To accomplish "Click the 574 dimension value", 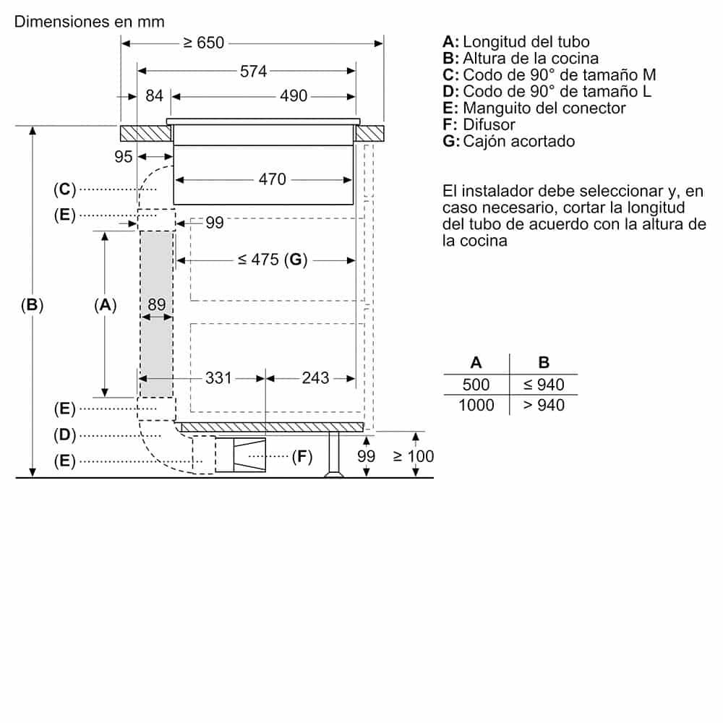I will click(254, 71).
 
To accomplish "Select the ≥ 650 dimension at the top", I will click(203, 43).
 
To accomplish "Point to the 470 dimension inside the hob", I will click(272, 179).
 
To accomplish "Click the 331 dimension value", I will click(218, 377).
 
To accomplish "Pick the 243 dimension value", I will click(315, 377).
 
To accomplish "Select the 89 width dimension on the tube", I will click(156, 305).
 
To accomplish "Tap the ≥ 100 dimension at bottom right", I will click(414, 456).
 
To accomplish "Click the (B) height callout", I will click(32, 305).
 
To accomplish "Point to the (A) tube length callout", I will click(105, 305).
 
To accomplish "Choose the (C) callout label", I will click(64, 189).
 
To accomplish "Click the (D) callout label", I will click(64, 435).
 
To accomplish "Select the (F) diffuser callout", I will click(301, 456).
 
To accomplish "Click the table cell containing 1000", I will click(476, 405).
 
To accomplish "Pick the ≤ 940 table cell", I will click(544, 385).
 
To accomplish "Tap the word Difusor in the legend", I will click(489, 124).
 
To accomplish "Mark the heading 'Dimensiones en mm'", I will click(89, 21).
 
